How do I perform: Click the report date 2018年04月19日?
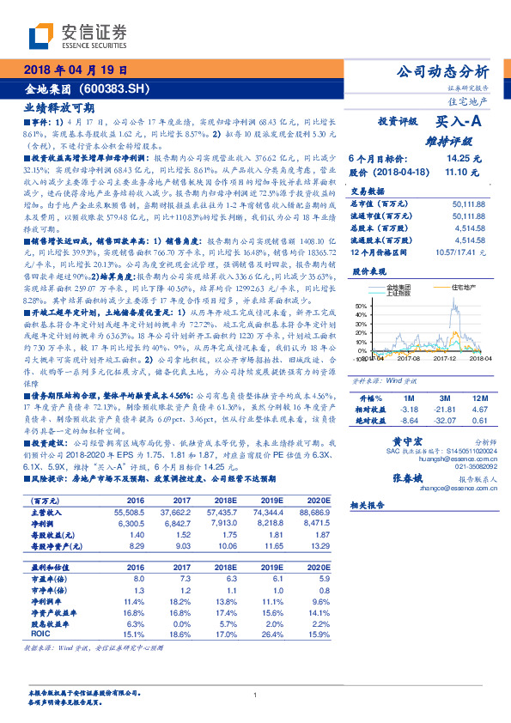click(76, 70)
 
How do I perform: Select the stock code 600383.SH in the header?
click(120, 88)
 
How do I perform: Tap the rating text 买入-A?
click(462, 123)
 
